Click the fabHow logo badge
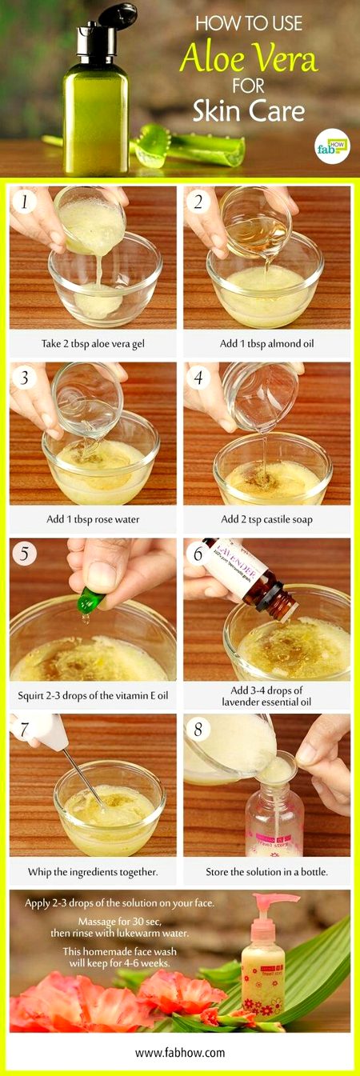coord(331,145)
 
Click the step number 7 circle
coord(26,730)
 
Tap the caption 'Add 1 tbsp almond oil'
coord(266,343)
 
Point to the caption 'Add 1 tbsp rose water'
coord(93,519)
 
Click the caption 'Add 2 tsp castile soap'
coord(266,519)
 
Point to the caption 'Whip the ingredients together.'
coord(93,871)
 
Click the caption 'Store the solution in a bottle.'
coord(266,871)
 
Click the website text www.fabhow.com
coord(180,1052)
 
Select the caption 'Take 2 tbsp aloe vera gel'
coord(93,343)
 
